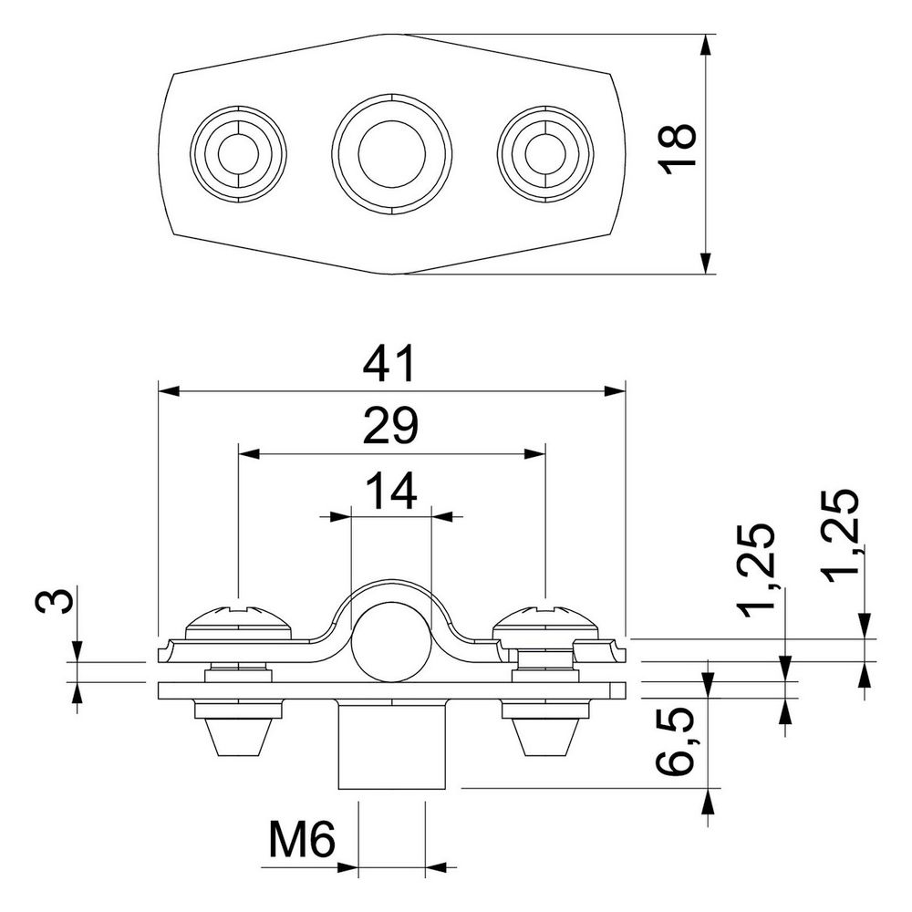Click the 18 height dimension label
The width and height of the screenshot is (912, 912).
click(x=677, y=149)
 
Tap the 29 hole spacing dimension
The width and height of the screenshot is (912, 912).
click(x=389, y=425)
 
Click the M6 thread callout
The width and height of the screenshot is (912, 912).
click(x=303, y=839)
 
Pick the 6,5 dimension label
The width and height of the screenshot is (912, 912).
click(x=675, y=741)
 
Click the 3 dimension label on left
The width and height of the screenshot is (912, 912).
click(x=56, y=600)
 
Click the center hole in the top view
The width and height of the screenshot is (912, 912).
click(x=391, y=153)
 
